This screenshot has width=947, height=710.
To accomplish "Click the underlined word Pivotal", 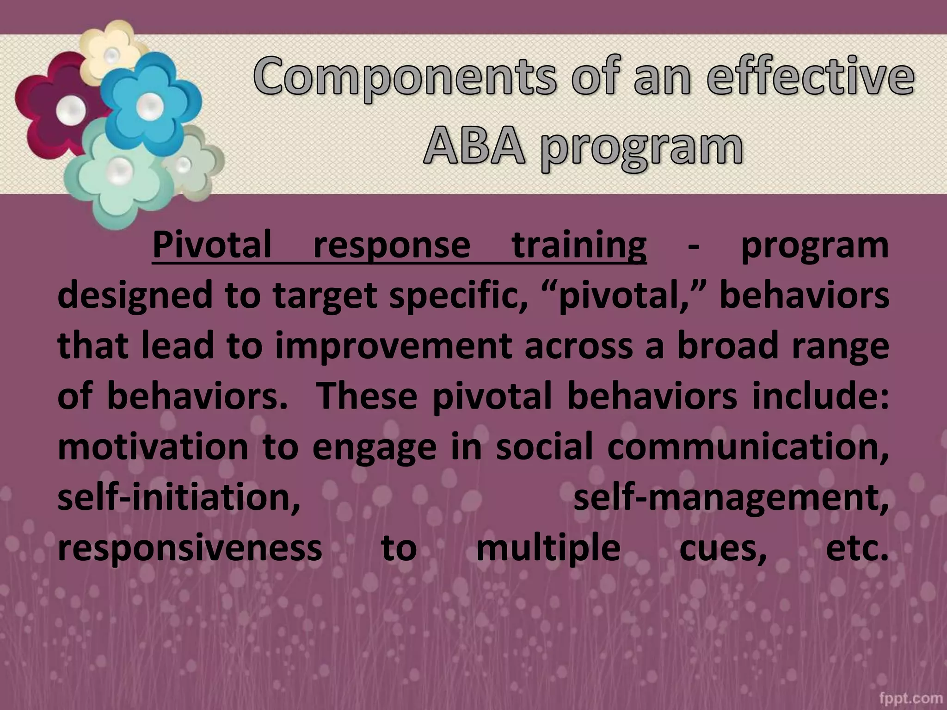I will tap(212, 245).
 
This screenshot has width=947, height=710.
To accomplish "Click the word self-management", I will tap(731, 499).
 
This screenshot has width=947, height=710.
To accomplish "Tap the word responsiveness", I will tap(190, 549).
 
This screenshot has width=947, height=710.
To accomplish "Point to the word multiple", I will tap(548, 550).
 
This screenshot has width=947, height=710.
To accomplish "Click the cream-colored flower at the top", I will tap(111, 46).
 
